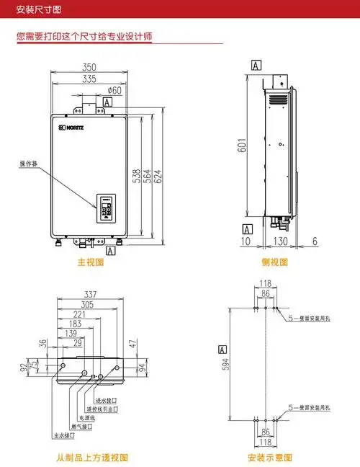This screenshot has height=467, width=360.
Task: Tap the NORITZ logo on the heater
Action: click(72, 128)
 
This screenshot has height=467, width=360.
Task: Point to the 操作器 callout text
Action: click(28, 165)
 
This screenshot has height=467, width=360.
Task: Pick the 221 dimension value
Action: click(79, 314)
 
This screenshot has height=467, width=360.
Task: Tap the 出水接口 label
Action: click(64, 435)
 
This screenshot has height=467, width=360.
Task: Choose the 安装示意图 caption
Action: click(269, 458)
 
